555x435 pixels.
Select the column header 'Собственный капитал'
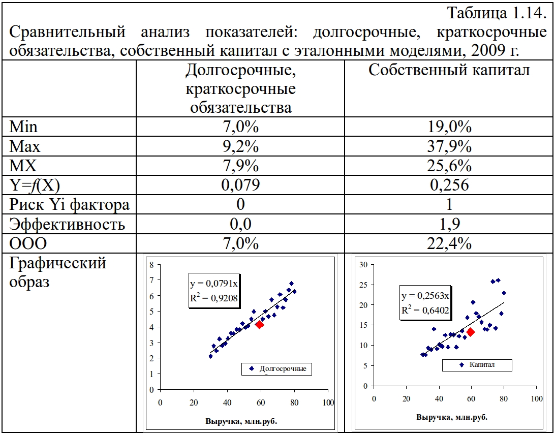[449, 70]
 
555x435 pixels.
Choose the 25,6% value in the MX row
[449, 166]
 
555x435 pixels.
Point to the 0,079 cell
[240, 185]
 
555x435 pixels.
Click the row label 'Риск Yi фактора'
[70, 205]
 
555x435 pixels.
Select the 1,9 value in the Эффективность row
[449, 224]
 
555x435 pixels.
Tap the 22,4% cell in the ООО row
[449, 244]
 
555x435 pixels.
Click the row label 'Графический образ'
[58, 272]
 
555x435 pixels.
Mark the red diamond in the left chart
[260, 324]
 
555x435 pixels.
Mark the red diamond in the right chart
[471, 332]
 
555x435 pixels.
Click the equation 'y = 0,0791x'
[212, 284]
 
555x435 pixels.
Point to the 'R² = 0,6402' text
[425, 310]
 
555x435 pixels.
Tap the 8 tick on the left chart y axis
[151, 265]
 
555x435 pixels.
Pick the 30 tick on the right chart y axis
[362, 264]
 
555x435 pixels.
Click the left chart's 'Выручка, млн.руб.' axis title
[241, 421]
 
